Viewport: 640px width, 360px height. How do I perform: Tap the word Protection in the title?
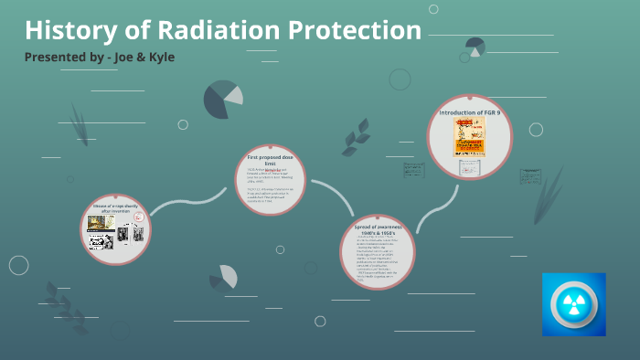coord(355,30)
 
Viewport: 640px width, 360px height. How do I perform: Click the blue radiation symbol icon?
coord(573,304)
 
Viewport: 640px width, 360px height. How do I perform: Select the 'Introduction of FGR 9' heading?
coord(470,112)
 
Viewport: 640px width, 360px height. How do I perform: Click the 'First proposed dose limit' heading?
coord(270,161)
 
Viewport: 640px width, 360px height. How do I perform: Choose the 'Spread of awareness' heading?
coord(378,229)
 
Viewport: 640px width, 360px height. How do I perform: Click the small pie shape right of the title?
coord(475,47)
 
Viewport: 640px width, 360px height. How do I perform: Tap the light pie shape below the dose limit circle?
coord(224,277)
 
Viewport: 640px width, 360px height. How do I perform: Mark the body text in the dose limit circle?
coord(270,188)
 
